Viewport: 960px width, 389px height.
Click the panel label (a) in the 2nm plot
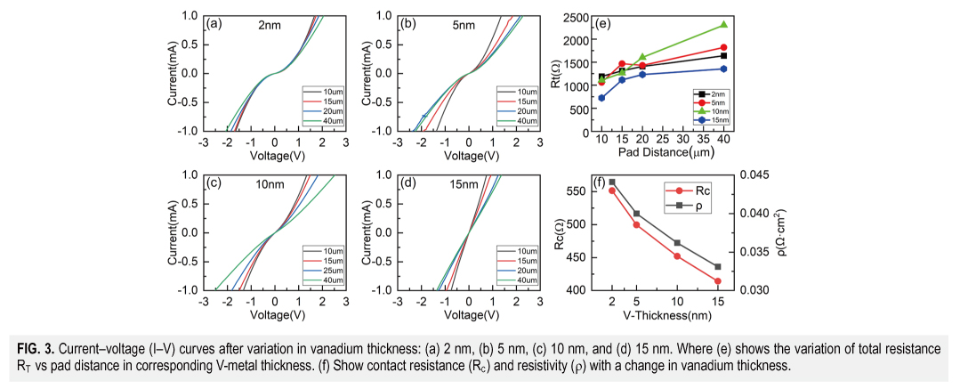(x=213, y=25)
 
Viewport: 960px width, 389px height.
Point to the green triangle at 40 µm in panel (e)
(x=723, y=25)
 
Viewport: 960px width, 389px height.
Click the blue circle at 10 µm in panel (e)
(x=601, y=98)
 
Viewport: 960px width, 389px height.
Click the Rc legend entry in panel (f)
(x=695, y=190)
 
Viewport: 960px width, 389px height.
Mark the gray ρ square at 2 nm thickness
(x=612, y=182)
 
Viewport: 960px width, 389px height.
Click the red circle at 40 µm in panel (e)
(x=723, y=47)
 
